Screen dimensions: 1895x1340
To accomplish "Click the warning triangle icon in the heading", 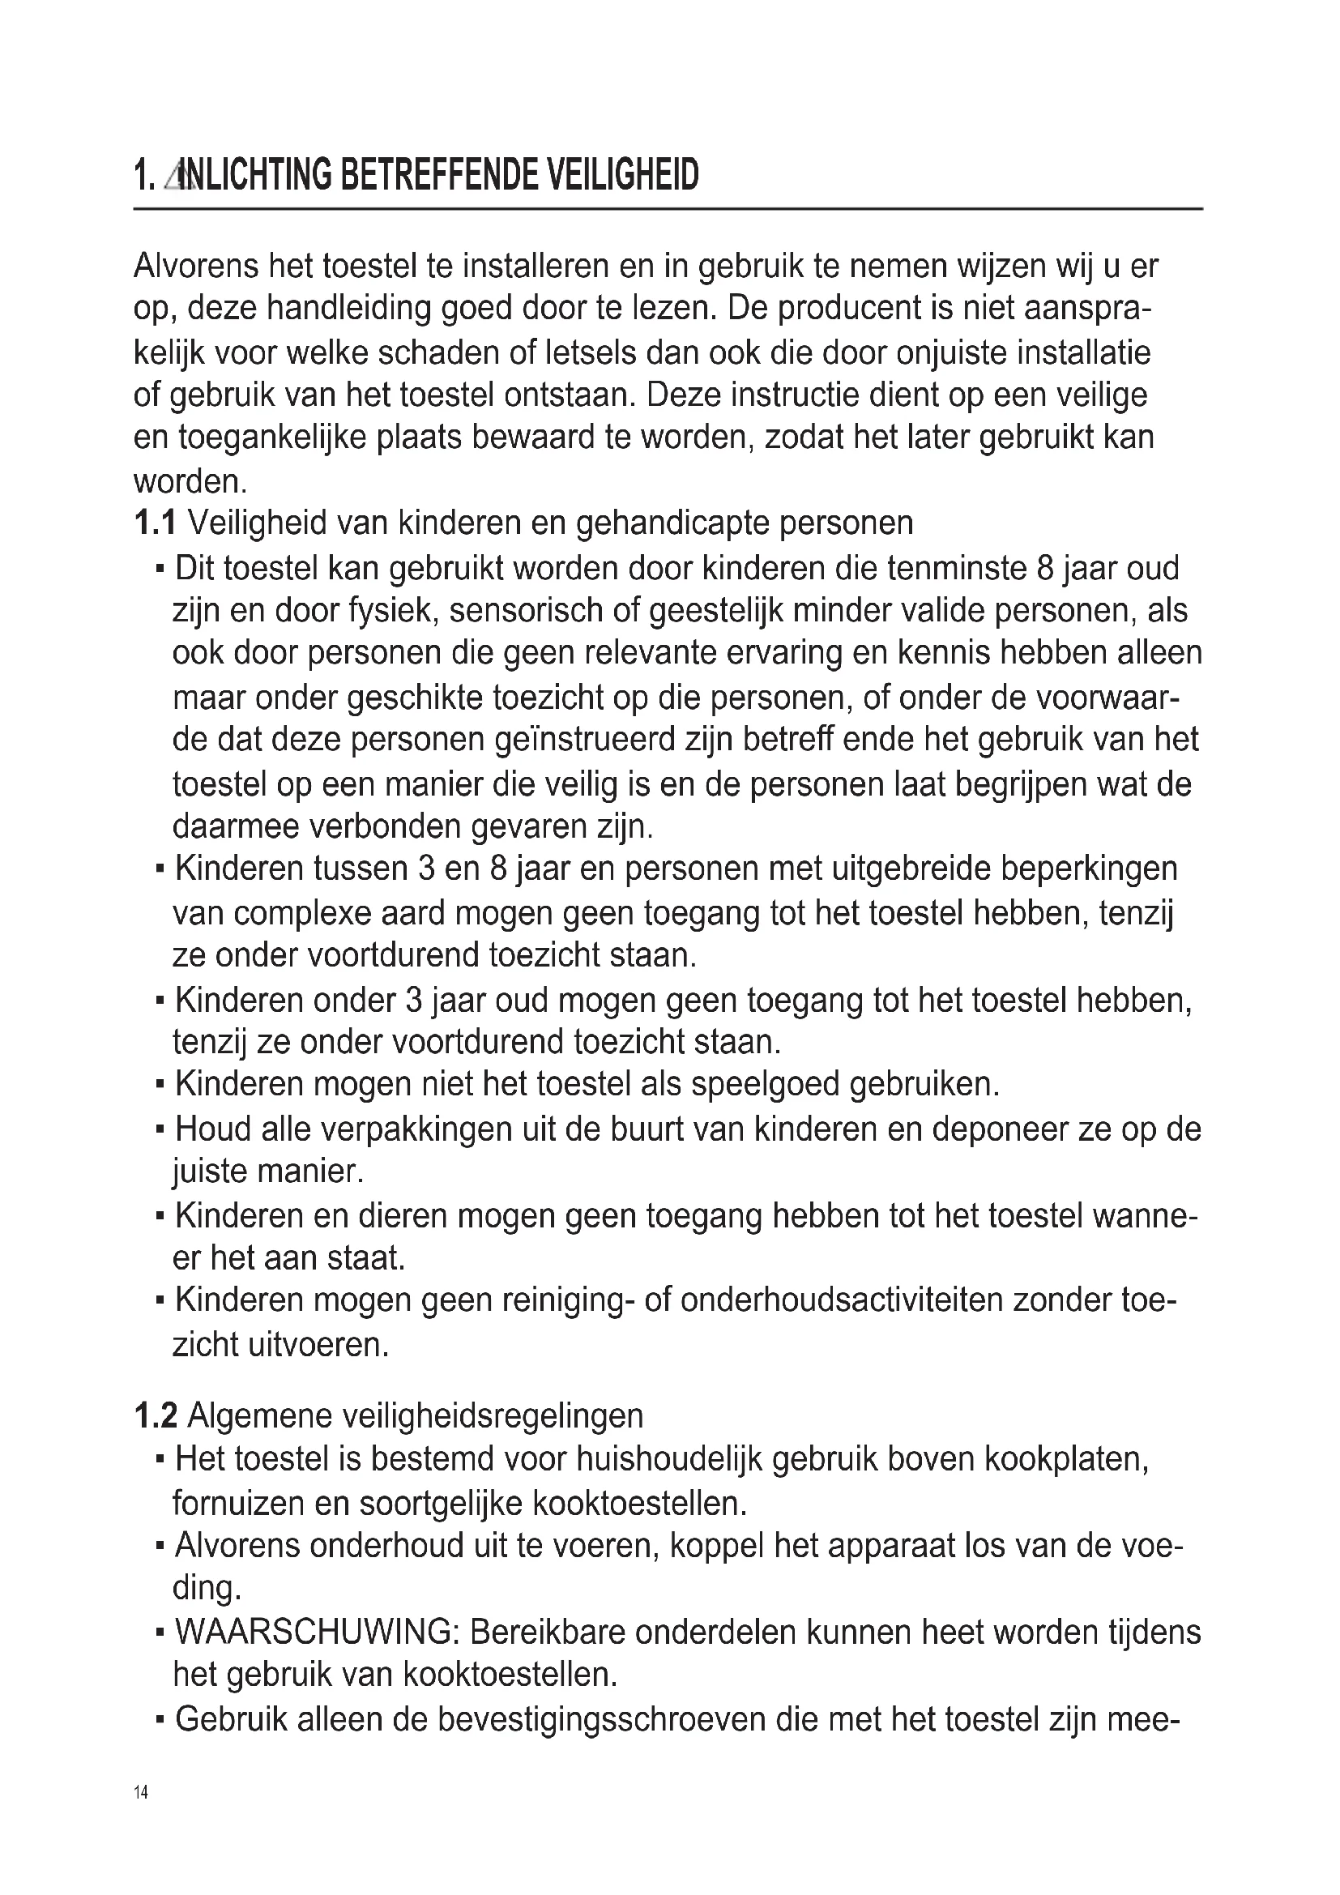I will pyautogui.click(x=175, y=176).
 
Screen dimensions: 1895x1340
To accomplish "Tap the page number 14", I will pyautogui.click(x=141, y=1792).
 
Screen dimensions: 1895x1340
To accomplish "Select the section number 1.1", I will pyautogui.click(x=154, y=523).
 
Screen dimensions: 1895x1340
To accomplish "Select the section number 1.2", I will pyautogui.click(x=155, y=1416).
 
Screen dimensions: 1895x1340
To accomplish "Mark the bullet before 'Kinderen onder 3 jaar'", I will pyautogui.click(x=160, y=1002).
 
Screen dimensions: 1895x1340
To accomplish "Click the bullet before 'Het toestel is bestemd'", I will pyautogui.click(x=160, y=1461).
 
